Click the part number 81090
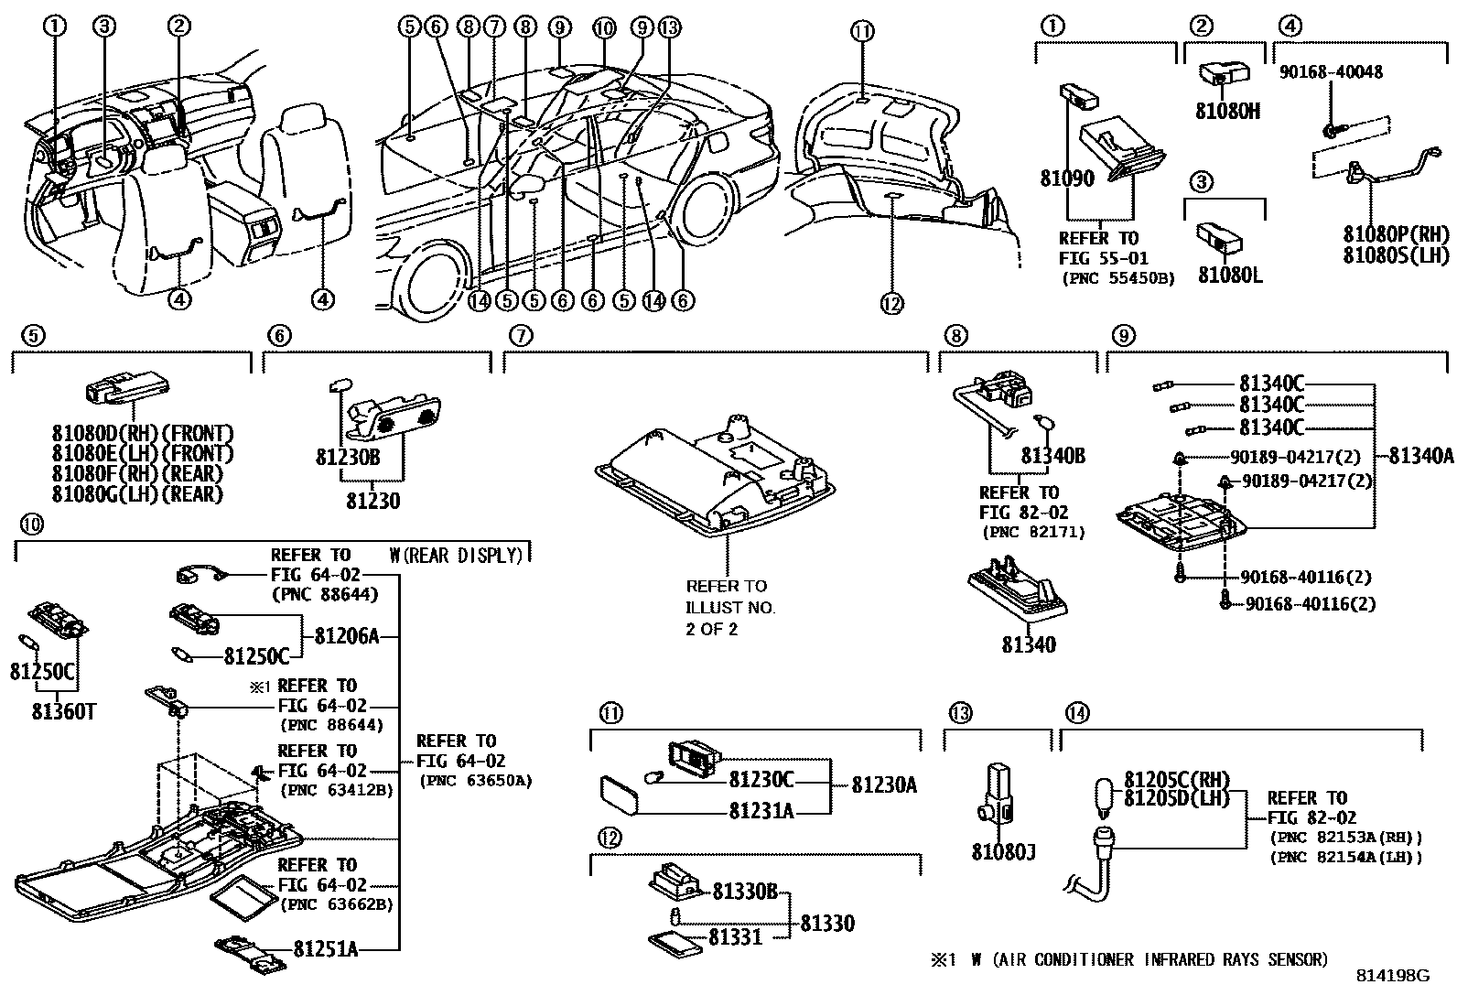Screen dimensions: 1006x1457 (1066, 178)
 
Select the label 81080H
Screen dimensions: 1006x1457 (1227, 111)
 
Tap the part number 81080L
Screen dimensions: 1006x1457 (1229, 275)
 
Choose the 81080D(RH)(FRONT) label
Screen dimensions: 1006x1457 (142, 433)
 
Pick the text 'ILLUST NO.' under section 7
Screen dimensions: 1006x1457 (730, 607)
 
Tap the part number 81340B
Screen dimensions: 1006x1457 (1052, 455)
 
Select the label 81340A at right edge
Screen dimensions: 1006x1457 (1420, 455)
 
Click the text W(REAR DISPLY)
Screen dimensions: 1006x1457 (455, 556)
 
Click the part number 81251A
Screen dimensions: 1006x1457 (325, 949)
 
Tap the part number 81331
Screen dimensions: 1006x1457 (735, 936)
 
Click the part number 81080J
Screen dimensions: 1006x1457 (1002, 852)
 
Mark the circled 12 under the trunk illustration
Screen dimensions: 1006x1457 (891, 304)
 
